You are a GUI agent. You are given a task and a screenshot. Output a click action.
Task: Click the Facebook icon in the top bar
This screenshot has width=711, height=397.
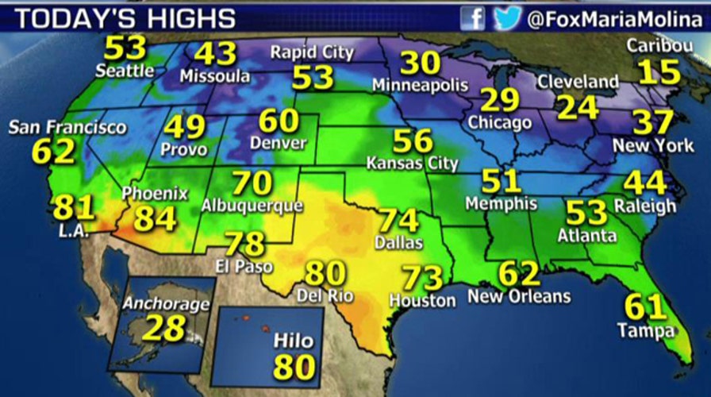coord(473,17)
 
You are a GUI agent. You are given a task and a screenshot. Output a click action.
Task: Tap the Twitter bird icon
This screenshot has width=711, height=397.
coord(507,17)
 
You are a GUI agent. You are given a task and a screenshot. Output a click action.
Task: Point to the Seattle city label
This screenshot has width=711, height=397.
coord(125,71)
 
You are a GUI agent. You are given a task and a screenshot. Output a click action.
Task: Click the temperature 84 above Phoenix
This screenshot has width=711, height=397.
coord(155,218)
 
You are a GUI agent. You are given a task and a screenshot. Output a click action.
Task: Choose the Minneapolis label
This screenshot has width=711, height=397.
coord(420,85)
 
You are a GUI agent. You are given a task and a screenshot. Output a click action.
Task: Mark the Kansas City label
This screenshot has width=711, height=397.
coord(412,164)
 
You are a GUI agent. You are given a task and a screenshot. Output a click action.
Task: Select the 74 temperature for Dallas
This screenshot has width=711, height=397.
coord(399,220)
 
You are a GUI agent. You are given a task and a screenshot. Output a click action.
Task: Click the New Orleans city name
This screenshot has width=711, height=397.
coord(519,297)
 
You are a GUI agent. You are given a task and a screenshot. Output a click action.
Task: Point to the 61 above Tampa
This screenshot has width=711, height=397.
coord(645,306)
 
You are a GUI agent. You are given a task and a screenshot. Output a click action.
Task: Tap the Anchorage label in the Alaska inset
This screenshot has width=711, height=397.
coord(166,304)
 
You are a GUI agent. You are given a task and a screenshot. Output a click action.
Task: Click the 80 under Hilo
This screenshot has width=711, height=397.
coord(294,367)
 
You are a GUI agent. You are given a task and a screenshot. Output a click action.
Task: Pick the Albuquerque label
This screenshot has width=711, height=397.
coord(252,206)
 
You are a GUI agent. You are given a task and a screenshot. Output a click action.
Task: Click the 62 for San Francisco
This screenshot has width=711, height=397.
coord(54,149)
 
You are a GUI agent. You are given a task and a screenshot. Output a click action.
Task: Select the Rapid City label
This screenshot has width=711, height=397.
coord(312,53)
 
